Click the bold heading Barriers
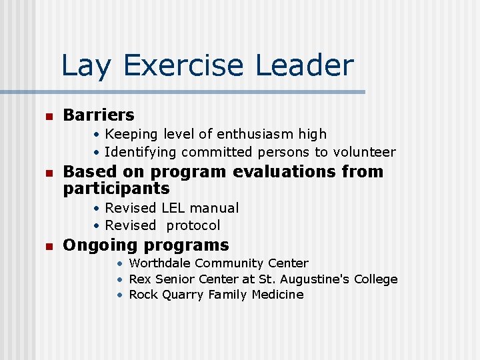tap(98, 115)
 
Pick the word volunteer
tap(365, 151)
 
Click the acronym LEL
tap(175, 208)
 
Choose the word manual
tap(215, 208)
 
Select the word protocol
tap(193, 225)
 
